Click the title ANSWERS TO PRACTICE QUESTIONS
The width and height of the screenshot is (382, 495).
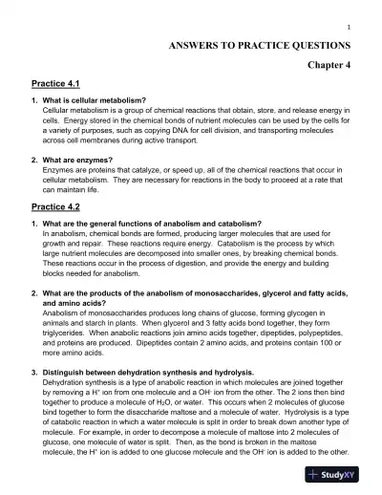259,45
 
